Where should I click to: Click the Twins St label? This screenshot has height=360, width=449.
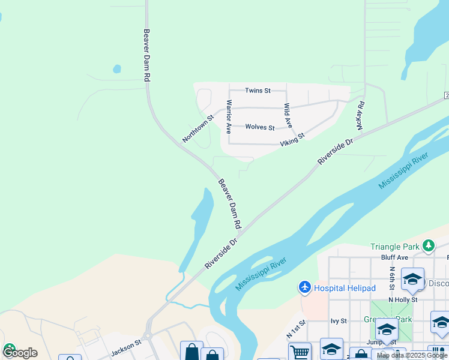(258, 91)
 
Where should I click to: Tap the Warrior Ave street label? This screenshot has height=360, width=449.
(228, 116)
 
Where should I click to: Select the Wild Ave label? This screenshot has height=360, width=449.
(288, 115)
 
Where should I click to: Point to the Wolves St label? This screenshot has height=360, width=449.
(260, 127)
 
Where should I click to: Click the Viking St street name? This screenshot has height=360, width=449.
(293, 140)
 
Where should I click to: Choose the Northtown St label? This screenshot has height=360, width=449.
(197, 129)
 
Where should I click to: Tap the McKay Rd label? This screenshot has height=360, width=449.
(361, 116)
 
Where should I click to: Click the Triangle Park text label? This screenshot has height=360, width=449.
(395, 247)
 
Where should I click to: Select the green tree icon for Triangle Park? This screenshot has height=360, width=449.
(428, 245)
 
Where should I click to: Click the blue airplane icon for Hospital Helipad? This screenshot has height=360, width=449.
(305, 288)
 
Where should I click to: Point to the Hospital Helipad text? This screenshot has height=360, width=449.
(345, 289)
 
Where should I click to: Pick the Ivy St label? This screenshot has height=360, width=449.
(339, 321)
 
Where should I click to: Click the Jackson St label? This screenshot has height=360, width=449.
(125, 346)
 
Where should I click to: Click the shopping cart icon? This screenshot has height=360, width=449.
(300, 352)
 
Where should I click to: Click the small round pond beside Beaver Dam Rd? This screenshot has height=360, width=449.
(117, 69)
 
